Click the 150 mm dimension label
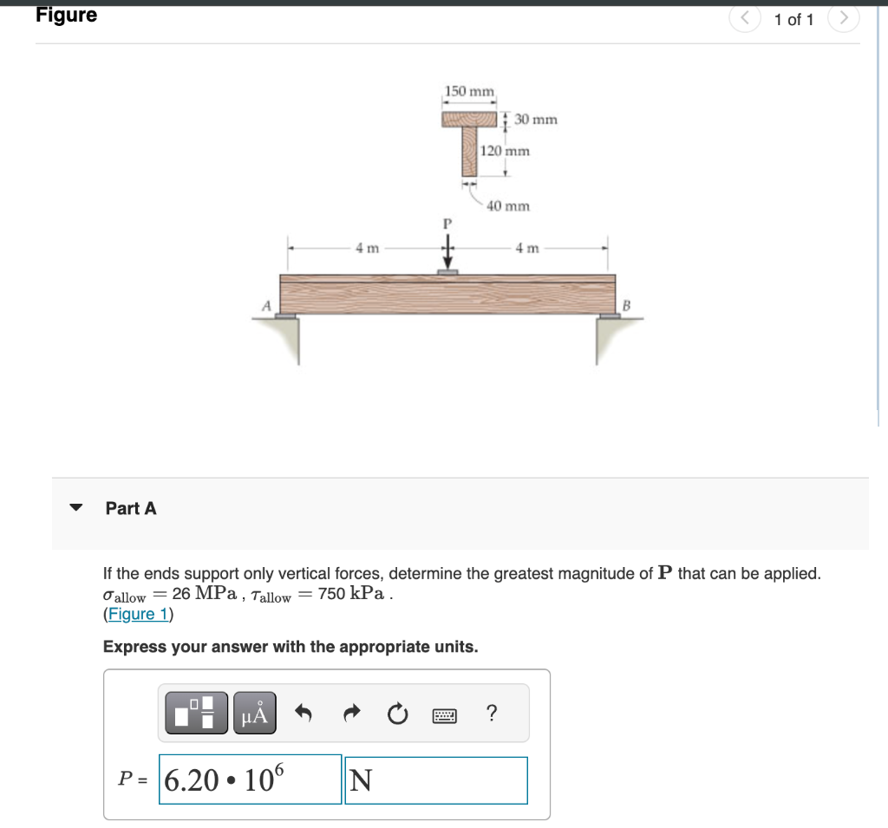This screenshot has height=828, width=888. [469, 91]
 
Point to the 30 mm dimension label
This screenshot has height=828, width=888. [536, 120]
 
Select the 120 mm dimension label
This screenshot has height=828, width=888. [505, 151]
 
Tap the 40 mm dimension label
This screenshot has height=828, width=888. [508, 206]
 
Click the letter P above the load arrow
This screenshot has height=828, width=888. [447, 225]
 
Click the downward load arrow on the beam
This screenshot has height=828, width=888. [448, 252]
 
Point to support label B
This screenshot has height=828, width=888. [626, 306]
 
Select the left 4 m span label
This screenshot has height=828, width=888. [367, 248]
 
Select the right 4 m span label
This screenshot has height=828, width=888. [527, 248]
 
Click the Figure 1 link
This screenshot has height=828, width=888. [138, 614]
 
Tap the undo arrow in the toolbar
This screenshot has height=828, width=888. [304, 713]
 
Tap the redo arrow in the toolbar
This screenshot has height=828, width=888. [352, 713]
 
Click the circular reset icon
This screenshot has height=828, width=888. [397, 714]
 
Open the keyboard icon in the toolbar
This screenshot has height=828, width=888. [445, 716]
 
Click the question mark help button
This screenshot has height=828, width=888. [492, 713]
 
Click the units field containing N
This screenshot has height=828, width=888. [436, 780]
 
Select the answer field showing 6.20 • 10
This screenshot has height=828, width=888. [251, 779]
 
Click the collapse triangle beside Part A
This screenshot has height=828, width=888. [76, 507]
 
